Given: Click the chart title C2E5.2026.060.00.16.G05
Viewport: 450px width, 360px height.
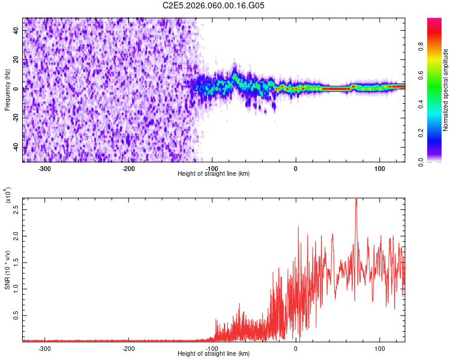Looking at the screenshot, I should (214, 5).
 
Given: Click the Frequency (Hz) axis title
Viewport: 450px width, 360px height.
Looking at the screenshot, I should (7, 89).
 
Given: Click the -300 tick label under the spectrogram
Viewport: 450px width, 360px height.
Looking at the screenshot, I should (44, 168).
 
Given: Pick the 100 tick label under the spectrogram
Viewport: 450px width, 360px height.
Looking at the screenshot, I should (379, 168).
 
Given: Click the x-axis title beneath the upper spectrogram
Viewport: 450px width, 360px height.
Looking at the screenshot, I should (214, 174).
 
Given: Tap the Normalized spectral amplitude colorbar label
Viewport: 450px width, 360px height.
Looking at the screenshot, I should (446, 90).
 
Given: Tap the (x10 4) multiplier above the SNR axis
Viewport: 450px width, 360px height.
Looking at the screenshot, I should (7, 197).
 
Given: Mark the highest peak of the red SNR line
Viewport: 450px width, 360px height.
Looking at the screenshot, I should (356, 199).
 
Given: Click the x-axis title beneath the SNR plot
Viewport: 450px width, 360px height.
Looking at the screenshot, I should (214, 354).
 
